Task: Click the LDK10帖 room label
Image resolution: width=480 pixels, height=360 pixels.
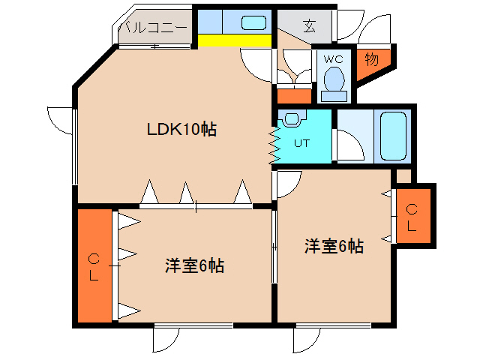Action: click(181, 129)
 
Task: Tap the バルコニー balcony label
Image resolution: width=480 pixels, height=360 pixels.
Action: click(154, 28)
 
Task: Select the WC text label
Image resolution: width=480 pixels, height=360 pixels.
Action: click(333, 58)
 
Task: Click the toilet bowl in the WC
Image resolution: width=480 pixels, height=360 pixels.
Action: click(334, 78)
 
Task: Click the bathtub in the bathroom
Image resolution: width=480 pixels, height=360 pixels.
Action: click(393, 136)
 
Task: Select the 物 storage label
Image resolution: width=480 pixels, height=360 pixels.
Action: click(370, 58)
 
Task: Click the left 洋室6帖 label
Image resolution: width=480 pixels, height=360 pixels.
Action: click(195, 265)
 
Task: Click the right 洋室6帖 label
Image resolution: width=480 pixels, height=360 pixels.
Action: click(334, 246)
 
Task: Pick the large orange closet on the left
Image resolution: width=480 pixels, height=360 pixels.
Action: click(94, 266)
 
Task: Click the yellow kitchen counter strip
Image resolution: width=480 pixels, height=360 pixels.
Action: click(235, 40)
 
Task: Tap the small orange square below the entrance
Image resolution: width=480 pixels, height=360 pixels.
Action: click(293, 96)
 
